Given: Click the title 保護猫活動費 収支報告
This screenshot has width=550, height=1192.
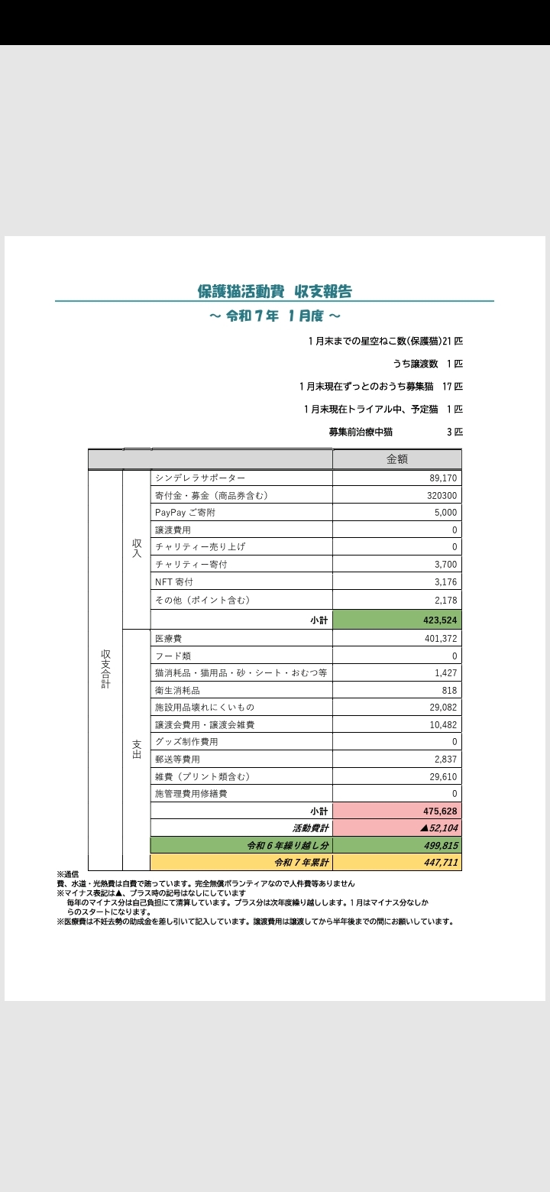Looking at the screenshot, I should pos(274,291).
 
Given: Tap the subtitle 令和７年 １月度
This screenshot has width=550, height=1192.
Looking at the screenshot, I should pos(274,316).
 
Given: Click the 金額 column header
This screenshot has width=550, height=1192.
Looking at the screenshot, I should pos(396,459).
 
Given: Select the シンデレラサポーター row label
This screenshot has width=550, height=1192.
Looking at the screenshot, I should pos(200,478).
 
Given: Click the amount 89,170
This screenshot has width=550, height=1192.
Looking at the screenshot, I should pos(443,478).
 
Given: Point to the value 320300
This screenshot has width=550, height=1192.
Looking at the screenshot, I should pos(441,495).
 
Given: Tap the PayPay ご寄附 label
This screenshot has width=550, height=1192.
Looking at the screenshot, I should pos(185,513).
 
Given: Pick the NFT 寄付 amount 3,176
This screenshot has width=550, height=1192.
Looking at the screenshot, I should pos(445,581).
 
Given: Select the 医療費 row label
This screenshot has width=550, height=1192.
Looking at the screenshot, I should pos(168,638).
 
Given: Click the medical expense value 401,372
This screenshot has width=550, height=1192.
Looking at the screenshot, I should pos(440,638).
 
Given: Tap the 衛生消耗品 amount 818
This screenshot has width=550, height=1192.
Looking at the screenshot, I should pos(449,690).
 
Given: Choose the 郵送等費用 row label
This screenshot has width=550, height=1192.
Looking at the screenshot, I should pos(177,759).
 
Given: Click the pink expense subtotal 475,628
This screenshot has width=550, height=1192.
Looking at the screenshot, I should pos(439,811).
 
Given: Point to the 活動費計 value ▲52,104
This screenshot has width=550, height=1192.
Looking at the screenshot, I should pos(438,828).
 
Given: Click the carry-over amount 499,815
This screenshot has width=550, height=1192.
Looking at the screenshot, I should pos(440,846).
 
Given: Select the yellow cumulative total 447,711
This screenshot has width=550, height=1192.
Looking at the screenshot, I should pos(440,863).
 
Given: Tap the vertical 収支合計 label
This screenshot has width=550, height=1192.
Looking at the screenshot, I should pos(105,669).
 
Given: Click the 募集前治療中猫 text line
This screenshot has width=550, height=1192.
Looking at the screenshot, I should pos(361,432).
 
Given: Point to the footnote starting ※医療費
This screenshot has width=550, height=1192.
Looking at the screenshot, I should pos(255,922).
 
